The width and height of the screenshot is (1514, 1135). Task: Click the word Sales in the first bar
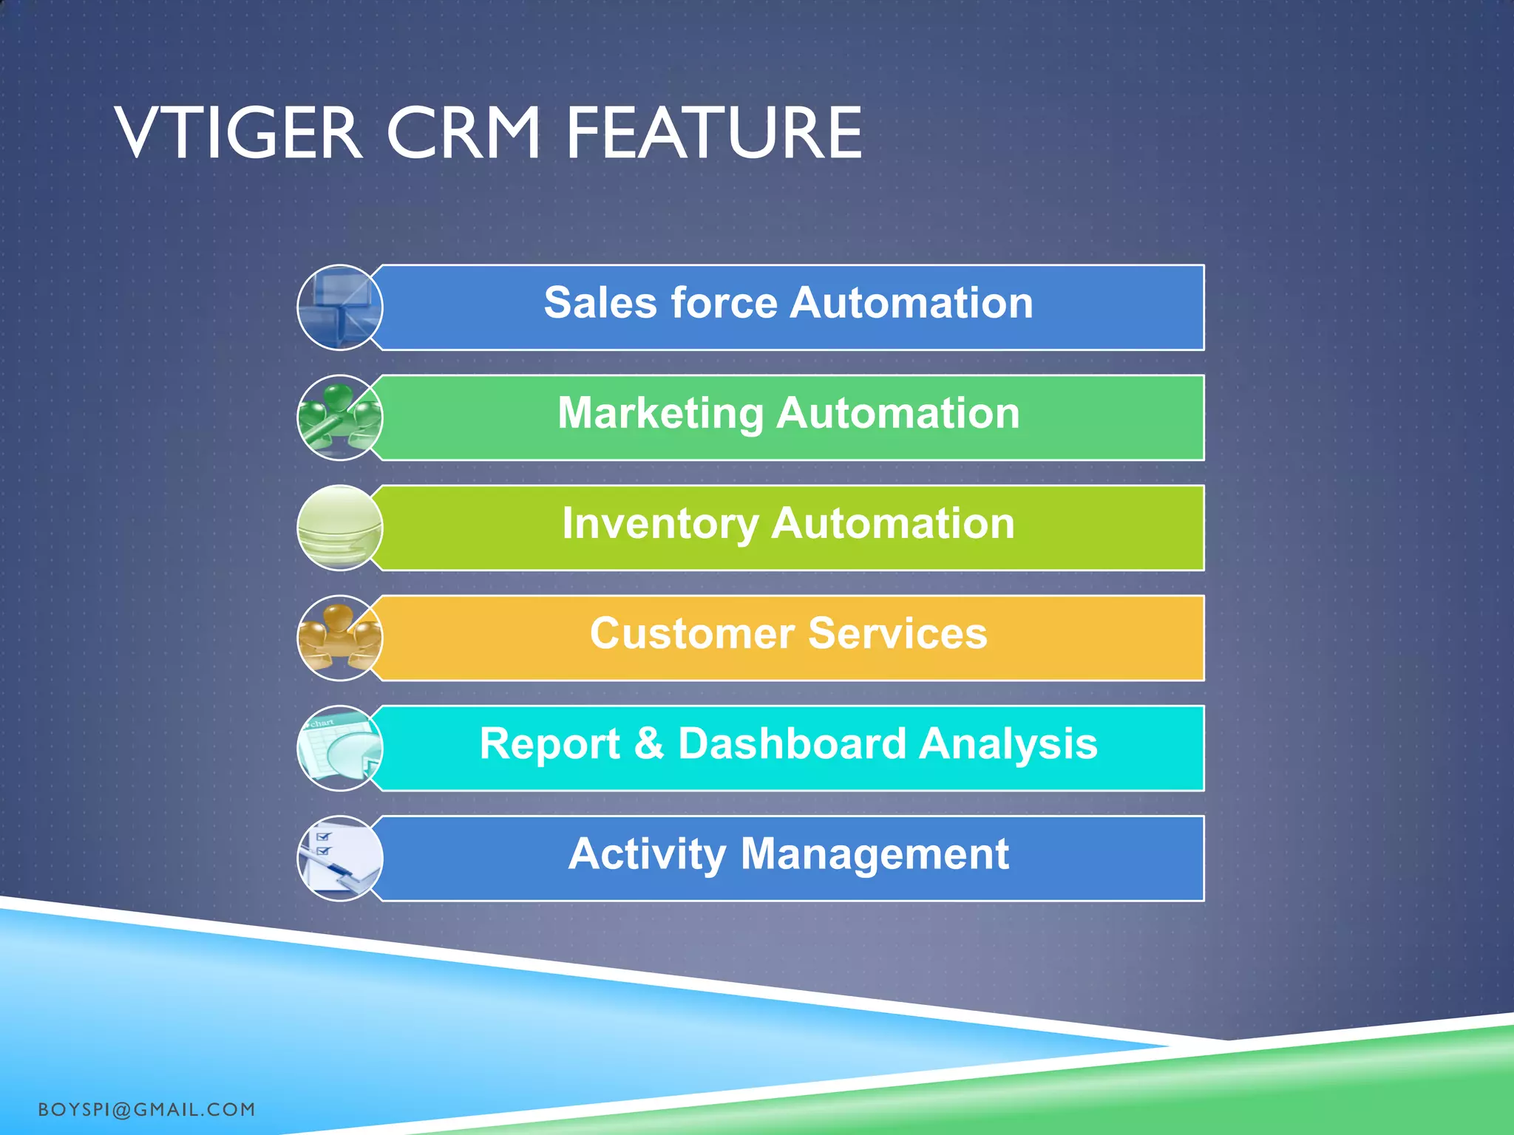[600, 303]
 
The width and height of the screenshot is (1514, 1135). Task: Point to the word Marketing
[660, 414]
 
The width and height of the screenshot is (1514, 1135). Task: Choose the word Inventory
[660, 524]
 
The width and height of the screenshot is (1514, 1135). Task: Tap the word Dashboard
[792, 743]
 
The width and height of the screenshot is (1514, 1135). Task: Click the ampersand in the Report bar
[649, 743]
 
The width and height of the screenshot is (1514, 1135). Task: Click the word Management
[875, 854]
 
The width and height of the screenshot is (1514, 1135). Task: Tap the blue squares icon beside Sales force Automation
[340, 307]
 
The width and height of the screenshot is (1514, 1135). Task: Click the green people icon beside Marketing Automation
[340, 417]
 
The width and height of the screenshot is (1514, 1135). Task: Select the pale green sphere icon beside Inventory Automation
[340, 528]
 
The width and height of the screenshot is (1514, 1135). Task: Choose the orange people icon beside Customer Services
[340, 638]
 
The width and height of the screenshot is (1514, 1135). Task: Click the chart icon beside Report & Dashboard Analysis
[340, 748]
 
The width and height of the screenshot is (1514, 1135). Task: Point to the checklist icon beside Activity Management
[340, 858]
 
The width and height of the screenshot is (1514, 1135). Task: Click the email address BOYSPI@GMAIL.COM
[146, 1110]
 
